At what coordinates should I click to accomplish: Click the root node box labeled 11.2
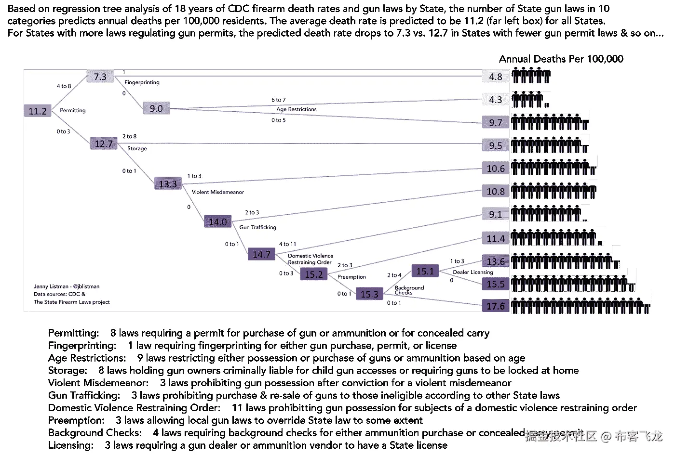pos(37,111)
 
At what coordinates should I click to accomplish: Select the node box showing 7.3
pos(100,77)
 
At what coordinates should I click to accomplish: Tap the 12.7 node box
pos(104,143)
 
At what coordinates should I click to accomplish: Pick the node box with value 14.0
pos(217,222)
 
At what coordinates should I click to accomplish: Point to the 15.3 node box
pos(369,294)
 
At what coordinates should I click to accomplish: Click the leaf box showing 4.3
pos(496,100)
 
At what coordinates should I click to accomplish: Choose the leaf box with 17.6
pos(496,306)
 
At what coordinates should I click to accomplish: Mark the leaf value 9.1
pos(496,214)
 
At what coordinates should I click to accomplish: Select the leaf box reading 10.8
pos(496,192)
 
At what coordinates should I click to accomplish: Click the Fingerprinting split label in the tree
pos(142,82)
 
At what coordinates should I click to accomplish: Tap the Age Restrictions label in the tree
pos(297,109)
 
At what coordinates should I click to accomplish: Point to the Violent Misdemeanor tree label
pos(218,192)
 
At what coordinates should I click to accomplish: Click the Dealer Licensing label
pos(473,272)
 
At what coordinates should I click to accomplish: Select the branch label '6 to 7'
pos(278,100)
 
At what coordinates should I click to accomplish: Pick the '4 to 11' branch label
pos(287,244)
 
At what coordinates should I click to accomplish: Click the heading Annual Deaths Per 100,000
pos(561,59)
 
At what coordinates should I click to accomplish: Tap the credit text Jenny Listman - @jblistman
pos(67,286)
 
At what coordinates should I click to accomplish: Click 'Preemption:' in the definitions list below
pos(76,420)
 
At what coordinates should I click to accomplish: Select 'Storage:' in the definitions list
pos(67,370)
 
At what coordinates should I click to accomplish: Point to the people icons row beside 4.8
pos(531,76)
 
